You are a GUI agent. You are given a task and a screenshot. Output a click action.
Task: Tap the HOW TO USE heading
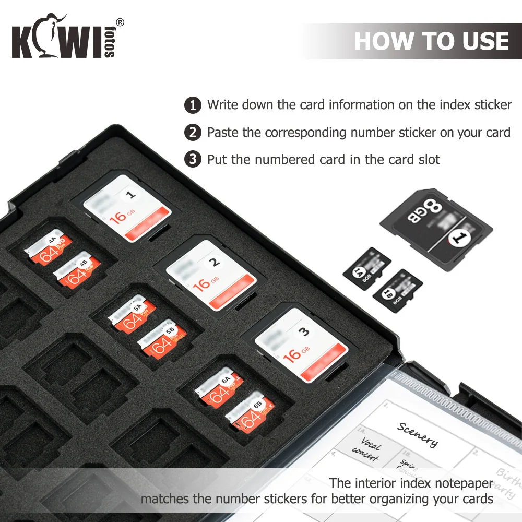pos(431,41)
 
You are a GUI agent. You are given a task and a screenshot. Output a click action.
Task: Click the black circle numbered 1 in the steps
pos(193,105)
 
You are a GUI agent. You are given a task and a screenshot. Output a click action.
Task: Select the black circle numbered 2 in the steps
pos(193,132)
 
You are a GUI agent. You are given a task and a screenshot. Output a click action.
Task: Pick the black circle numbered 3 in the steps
pos(193,159)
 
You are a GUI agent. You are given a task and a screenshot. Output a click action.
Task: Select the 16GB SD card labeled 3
pos(301,343)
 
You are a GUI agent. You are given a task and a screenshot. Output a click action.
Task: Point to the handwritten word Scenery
pos(418,434)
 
